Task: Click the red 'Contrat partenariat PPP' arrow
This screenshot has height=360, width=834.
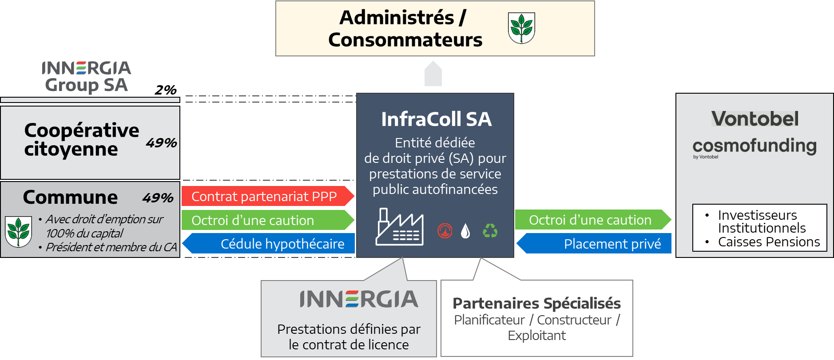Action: (x=268, y=196)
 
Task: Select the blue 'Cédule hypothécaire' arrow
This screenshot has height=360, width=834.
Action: (x=269, y=243)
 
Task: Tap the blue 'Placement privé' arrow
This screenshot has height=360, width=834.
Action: (x=594, y=243)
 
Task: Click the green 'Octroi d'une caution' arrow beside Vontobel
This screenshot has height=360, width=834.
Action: (x=593, y=220)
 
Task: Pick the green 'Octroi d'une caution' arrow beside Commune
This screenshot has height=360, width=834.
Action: (x=268, y=220)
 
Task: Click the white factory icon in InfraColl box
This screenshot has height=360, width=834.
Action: (x=400, y=227)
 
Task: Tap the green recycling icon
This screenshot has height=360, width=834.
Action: (x=490, y=230)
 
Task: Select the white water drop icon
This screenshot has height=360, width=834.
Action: (x=465, y=231)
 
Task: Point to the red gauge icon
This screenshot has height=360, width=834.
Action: (x=445, y=231)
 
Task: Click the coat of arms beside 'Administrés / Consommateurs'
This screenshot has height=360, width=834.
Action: (x=521, y=28)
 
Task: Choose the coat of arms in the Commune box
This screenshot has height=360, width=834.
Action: (x=18, y=231)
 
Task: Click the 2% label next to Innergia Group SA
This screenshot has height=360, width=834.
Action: (x=166, y=90)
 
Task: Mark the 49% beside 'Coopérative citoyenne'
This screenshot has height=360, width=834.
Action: (x=161, y=142)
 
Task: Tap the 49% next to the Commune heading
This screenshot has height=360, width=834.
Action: (x=158, y=198)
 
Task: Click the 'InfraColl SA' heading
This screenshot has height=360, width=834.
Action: (x=436, y=119)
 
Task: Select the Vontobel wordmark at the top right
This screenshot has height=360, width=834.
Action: (x=755, y=119)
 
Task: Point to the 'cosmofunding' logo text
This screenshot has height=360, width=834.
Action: (x=755, y=146)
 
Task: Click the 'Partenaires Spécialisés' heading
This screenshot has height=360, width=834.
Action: (x=536, y=303)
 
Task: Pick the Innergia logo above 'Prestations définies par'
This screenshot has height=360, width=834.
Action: (x=359, y=299)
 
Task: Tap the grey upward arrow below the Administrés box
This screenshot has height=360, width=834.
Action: (x=433, y=73)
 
